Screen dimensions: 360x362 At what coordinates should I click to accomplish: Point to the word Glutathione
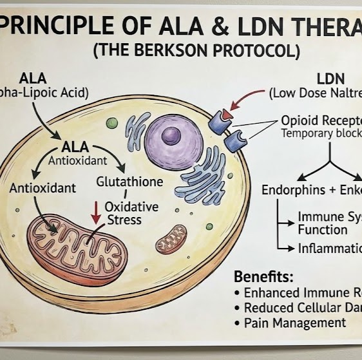(129, 182)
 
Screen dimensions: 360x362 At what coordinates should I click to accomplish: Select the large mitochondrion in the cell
(77, 241)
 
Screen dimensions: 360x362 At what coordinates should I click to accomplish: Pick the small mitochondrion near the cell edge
(171, 239)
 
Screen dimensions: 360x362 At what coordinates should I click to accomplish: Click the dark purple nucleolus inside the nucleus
(171, 135)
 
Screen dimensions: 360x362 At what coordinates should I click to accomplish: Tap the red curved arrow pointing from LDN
(243, 99)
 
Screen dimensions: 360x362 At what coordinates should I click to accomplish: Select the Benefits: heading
(263, 277)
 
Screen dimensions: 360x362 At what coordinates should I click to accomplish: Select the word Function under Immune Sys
(322, 229)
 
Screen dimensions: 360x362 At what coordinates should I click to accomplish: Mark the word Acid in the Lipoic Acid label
(75, 92)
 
